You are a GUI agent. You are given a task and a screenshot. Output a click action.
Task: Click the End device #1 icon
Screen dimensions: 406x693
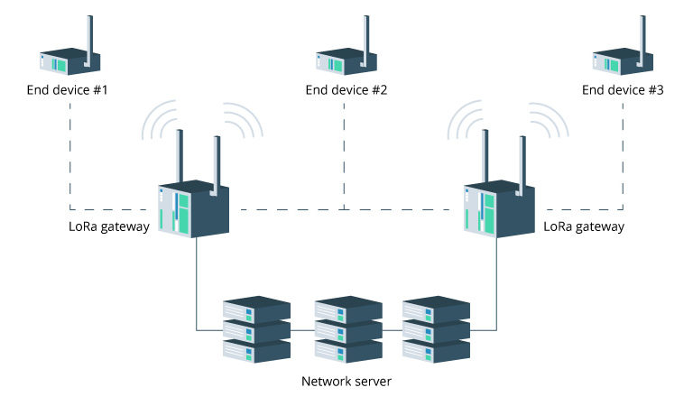65,61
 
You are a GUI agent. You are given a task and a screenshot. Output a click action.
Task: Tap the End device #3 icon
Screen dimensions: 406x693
618,61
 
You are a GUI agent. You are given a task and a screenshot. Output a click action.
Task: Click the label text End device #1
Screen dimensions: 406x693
69,90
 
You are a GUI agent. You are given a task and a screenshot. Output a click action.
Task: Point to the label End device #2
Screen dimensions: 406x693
346,90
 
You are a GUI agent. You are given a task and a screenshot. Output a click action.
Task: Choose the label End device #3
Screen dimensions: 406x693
623,90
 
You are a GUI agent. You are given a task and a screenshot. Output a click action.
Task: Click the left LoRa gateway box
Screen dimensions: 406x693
193,208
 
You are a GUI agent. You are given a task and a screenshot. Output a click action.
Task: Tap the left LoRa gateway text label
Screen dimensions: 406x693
108,227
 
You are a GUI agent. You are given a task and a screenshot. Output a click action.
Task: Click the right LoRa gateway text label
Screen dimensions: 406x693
584,227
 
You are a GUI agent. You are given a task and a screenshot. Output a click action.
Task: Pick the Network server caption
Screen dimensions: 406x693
346,382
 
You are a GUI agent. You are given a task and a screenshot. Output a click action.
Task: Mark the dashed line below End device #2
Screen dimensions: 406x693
343,153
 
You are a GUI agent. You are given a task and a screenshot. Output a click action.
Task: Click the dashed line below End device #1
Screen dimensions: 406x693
69,153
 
